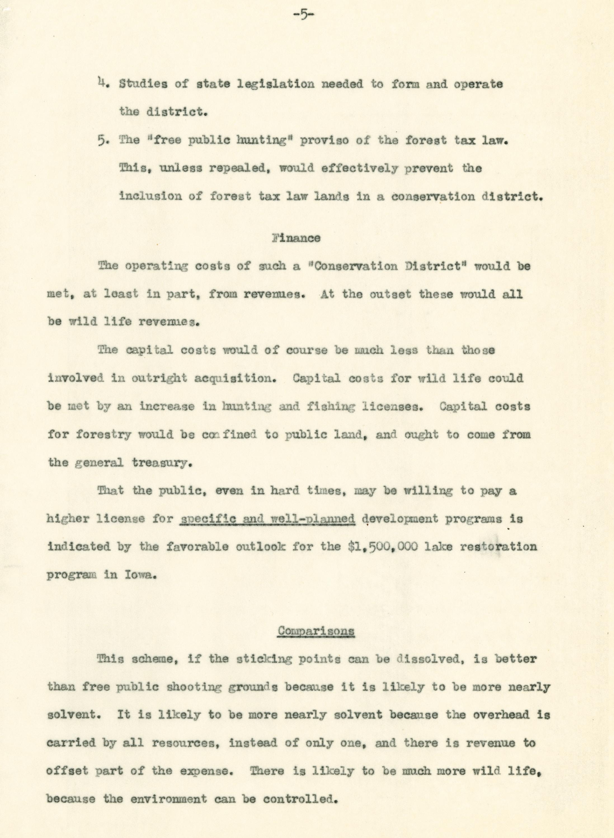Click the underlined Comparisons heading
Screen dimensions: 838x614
[x=316, y=631]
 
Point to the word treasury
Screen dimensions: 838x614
[x=162, y=463]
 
